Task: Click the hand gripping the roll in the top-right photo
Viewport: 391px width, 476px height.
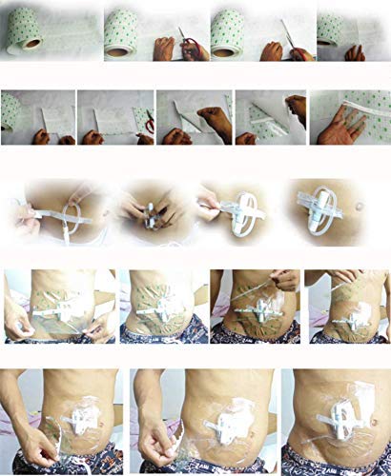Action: (355, 52)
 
